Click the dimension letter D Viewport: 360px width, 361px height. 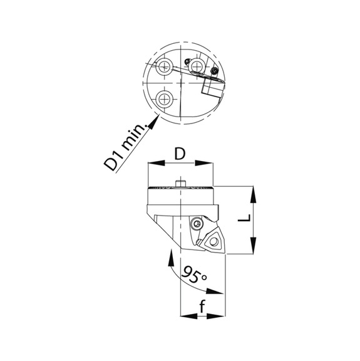coord(180,154)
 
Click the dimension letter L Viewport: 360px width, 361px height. coord(244,218)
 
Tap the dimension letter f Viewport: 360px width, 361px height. coord(202,307)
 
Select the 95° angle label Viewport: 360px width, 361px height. coord(194,275)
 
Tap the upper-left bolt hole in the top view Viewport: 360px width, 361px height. coord(165,67)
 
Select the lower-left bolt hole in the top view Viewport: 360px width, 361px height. coord(165,100)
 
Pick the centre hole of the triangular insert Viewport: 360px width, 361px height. coord(213,241)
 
